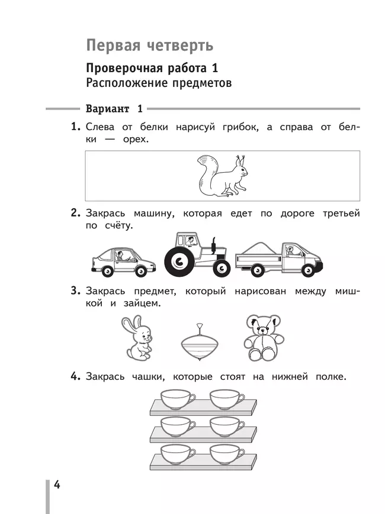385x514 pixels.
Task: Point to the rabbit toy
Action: (136, 338)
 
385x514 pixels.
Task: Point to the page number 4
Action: (57, 485)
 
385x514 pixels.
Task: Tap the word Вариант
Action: (107, 109)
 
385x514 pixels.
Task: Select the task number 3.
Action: (74, 290)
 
